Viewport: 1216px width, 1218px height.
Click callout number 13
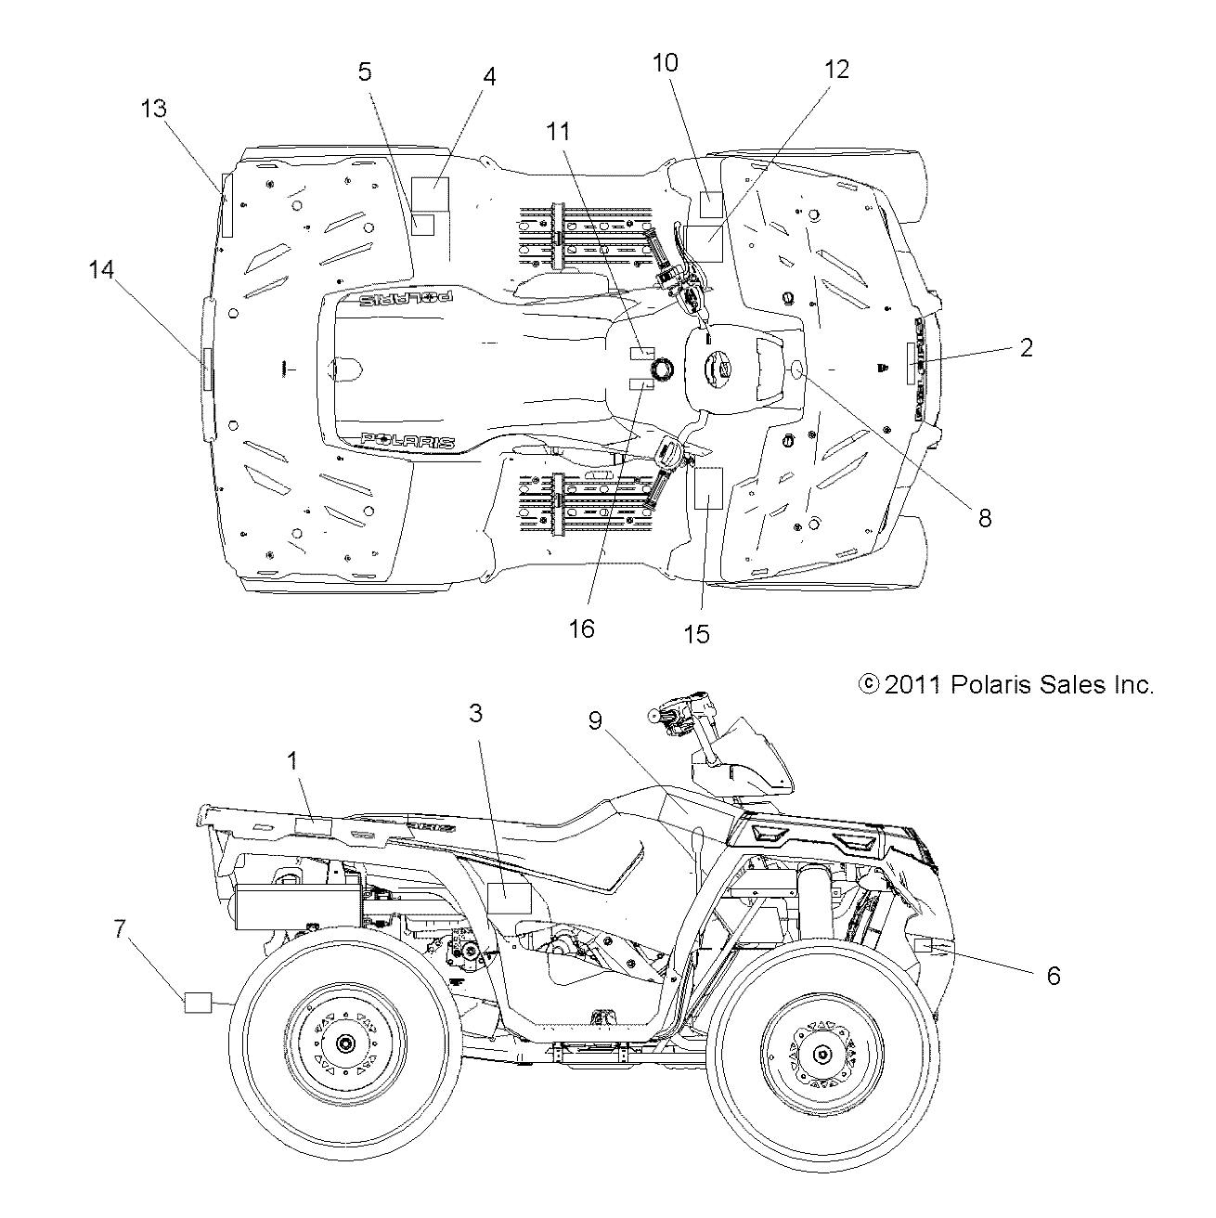(153, 109)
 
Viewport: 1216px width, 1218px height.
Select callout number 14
(101, 269)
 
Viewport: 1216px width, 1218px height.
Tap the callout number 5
(365, 71)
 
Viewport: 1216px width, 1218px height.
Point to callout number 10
(666, 62)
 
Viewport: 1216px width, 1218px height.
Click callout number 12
(836, 69)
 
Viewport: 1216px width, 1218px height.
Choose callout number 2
(1026, 347)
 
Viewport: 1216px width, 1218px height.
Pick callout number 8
(985, 518)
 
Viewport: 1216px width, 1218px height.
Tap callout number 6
(1053, 976)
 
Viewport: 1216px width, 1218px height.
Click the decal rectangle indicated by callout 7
(198, 1003)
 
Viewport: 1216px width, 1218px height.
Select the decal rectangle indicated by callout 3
(509, 898)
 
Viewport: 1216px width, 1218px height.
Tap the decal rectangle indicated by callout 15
(707, 488)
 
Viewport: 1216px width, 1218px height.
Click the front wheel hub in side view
(821, 1052)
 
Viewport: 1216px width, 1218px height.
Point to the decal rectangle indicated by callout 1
(313, 826)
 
